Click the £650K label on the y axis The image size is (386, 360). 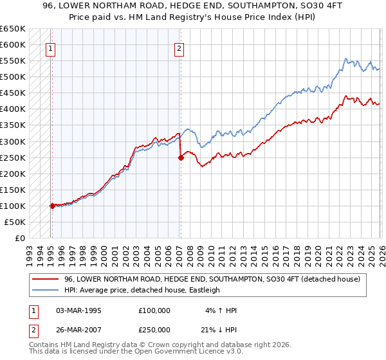pos(13,29)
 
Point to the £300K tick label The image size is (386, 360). pos(13,141)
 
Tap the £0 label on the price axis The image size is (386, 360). pos(20,238)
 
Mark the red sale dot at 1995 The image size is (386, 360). pos(52,206)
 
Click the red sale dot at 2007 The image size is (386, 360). pos(181,157)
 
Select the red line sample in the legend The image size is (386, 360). pos(46,279)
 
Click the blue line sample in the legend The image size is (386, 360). pos(46,290)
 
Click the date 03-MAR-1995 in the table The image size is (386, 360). pos(79,310)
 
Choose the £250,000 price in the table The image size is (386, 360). pos(155,330)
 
